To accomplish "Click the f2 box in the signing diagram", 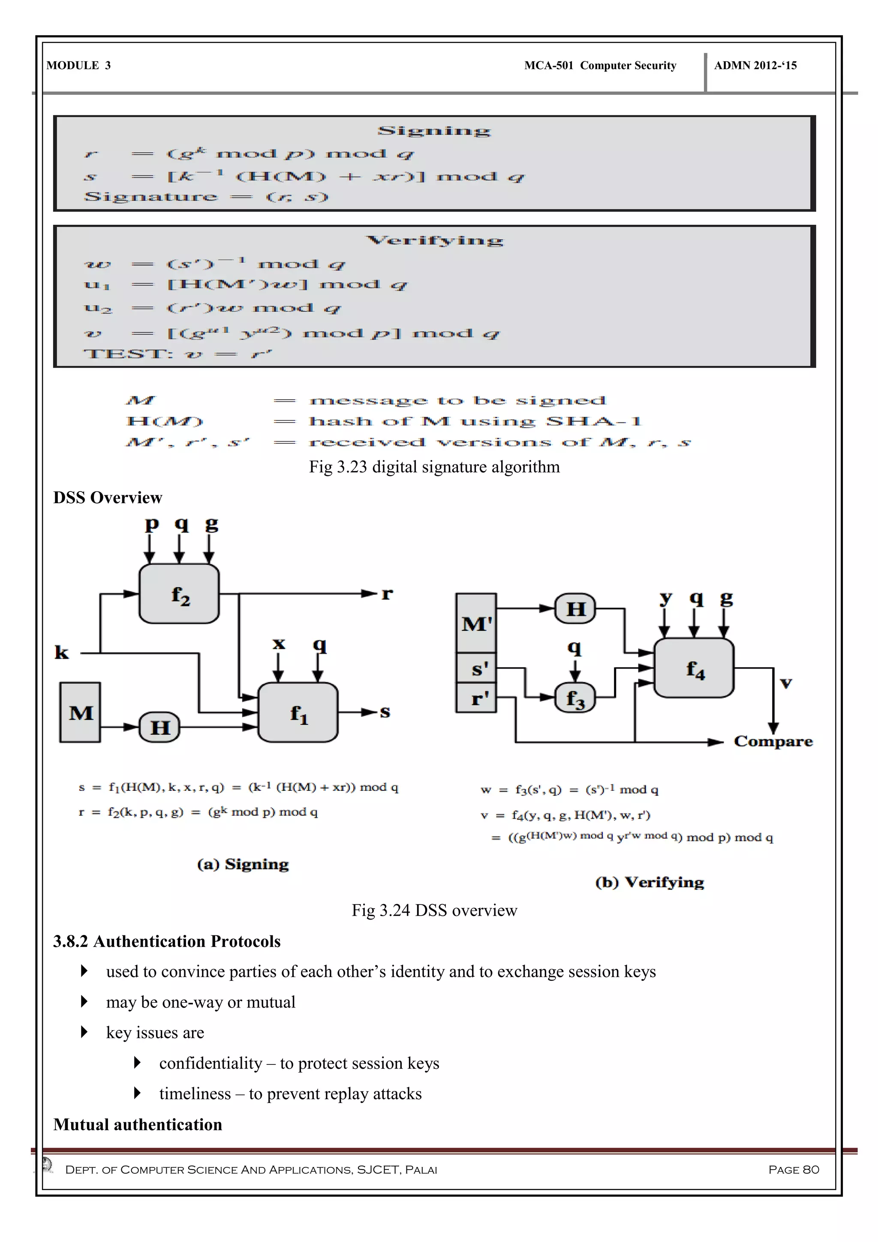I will (x=179, y=594).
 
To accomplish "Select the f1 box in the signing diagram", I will (x=298, y=712).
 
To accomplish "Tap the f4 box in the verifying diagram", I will (x=694, y=668).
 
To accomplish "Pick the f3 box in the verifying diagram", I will (x=575, y=698).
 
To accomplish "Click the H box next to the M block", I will (x=159, y=727).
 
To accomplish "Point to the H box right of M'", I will (x=575, y=609).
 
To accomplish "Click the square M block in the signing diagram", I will (x=80, y=712).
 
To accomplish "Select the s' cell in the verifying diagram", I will (x=476, y=668).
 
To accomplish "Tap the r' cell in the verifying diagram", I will (x=476, y=698).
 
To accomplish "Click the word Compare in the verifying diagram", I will (x=773, y=741).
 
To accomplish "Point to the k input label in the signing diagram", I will (x=62, y=652).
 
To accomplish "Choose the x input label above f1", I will (x=278, y=643).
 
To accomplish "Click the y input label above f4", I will (x=665, y=598).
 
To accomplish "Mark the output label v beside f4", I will (x=785, y=683).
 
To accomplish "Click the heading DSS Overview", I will (x=108, y=497).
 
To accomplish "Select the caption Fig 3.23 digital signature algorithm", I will (x=434, y=467).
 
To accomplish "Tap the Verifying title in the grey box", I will (x=434, y=240).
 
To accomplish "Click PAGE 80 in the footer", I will (x=793, y=1170).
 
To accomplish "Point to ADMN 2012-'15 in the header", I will (x=755, y=66).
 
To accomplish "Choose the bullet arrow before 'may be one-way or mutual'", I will (x=84, y=1002).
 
